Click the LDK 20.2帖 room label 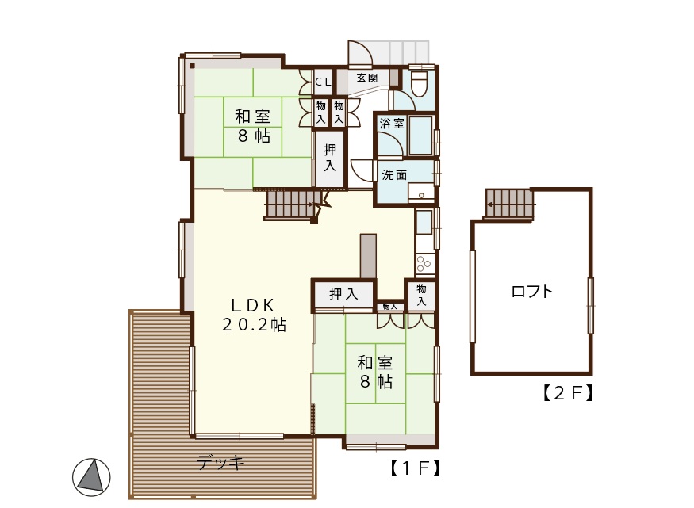point(254,315)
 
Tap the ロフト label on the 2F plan point(532,291)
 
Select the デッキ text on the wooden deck point(220,463)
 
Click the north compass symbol point(92,477)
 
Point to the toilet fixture point(418,83)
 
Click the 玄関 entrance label point(367,78)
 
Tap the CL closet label point(323,82)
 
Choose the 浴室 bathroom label point(392,124)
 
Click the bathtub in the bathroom point(420,136)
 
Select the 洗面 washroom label point(394,175)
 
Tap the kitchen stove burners point(424,263)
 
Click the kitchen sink point(424,223)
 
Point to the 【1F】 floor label point(415,468)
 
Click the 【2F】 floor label point(567,392)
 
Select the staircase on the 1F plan point(293,204)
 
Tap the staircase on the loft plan point(509,204)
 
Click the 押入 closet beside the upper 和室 point(329,158)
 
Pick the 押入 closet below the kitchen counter point(343,293)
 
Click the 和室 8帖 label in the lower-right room point(375,372)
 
